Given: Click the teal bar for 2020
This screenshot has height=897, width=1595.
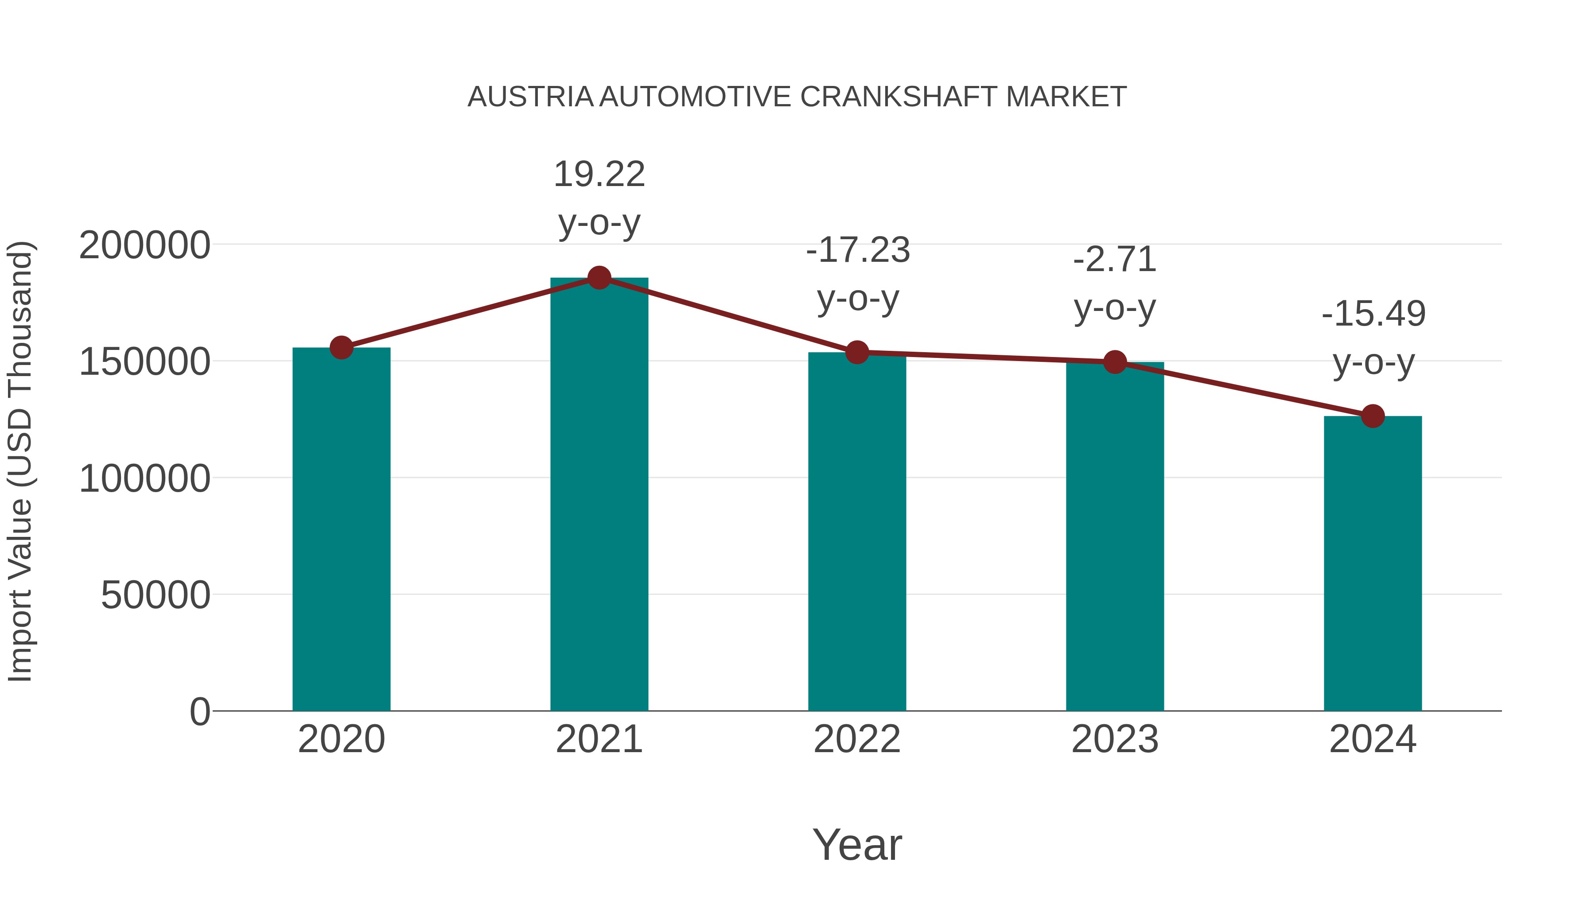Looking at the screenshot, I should click(x=341, y=529).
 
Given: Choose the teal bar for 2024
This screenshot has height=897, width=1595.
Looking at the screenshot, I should click(x=1373, y=563).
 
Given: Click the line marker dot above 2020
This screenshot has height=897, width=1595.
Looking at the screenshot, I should click(x=341, y=348).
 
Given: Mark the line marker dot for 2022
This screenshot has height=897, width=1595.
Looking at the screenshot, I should click(x=857, y=352).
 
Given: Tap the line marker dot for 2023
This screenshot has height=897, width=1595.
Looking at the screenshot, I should click(x=1115, y=362).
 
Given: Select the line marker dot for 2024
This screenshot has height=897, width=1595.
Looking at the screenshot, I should click(x=1373, y=416).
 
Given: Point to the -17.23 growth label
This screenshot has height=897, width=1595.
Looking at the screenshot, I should click(x=858, y=251).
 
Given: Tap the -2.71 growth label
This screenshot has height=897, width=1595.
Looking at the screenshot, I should click(x=1115, y=260).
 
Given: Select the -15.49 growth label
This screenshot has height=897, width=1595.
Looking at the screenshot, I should click(x=1373, y=314).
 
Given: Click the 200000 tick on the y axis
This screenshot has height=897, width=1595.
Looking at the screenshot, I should click(x=145, y=246).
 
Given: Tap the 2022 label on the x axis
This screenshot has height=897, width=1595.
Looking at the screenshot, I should click(x=857, y=739).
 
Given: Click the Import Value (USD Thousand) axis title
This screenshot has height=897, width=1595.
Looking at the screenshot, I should click(x=20, y=461).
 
